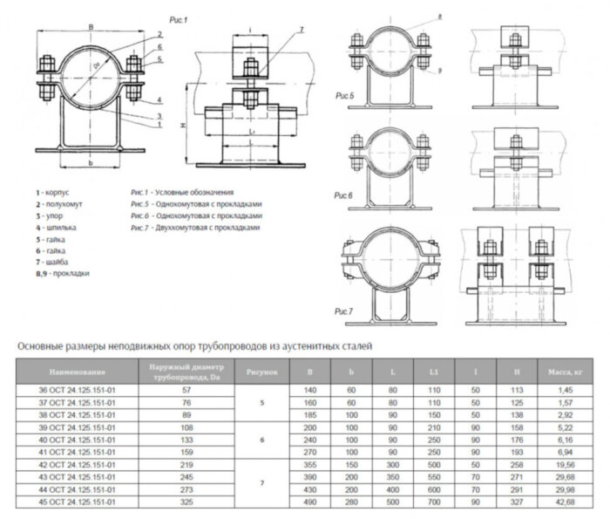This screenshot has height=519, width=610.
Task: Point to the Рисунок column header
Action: (x=261, y=373)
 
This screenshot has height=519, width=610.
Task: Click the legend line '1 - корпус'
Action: (x=56, y=190)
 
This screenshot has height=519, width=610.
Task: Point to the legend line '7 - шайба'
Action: (x=55, y=262)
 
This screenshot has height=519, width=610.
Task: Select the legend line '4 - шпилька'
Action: (x=59, y=226)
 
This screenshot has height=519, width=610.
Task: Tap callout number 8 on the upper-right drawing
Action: (x=416, y=17)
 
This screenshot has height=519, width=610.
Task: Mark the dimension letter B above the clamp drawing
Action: (x=91, y=28)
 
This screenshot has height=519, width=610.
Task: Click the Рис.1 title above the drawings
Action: (x=173, y=17)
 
